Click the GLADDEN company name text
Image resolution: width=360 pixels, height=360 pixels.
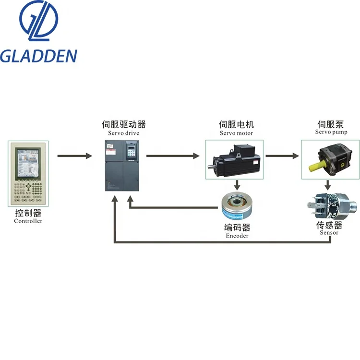point(38,56)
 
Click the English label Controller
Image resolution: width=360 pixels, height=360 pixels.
point(28,221)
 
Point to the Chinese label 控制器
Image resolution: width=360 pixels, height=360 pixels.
point(28,213)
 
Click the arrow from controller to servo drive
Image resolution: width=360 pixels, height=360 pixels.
point(74,156)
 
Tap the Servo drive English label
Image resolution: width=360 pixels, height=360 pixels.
point(122,133)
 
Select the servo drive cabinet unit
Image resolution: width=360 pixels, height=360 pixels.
point(122,166)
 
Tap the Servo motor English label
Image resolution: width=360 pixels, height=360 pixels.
point(236,133)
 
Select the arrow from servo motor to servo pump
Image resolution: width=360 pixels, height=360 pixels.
point(282,156)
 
